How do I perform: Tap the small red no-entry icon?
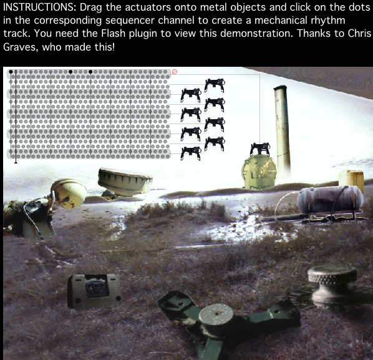pyautogui.click(x=175, y=72)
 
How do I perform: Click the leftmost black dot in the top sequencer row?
pyautogui.click(x=11, y=72)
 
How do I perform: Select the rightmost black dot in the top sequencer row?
pyautogui.click(x=90, y=72)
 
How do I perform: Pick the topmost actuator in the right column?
pyautogui.click(x=214, y=82)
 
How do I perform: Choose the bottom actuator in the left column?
pyautogui.click(x=190, y=152)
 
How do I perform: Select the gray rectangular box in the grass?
pyautogui.click(x=94, y=291)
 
